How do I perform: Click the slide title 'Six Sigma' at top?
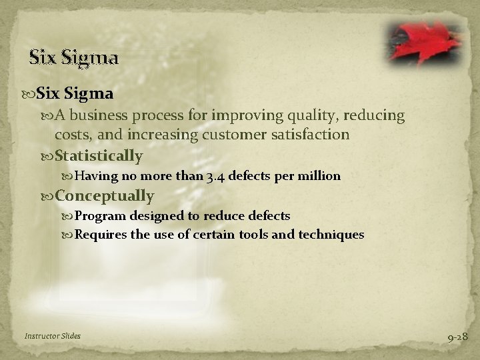pos(74,58)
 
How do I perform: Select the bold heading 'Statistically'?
pos(99,156)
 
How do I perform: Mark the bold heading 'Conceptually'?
pos(105,196)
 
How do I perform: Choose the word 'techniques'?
pos(331,234)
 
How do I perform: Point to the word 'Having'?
pos(94,177)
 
